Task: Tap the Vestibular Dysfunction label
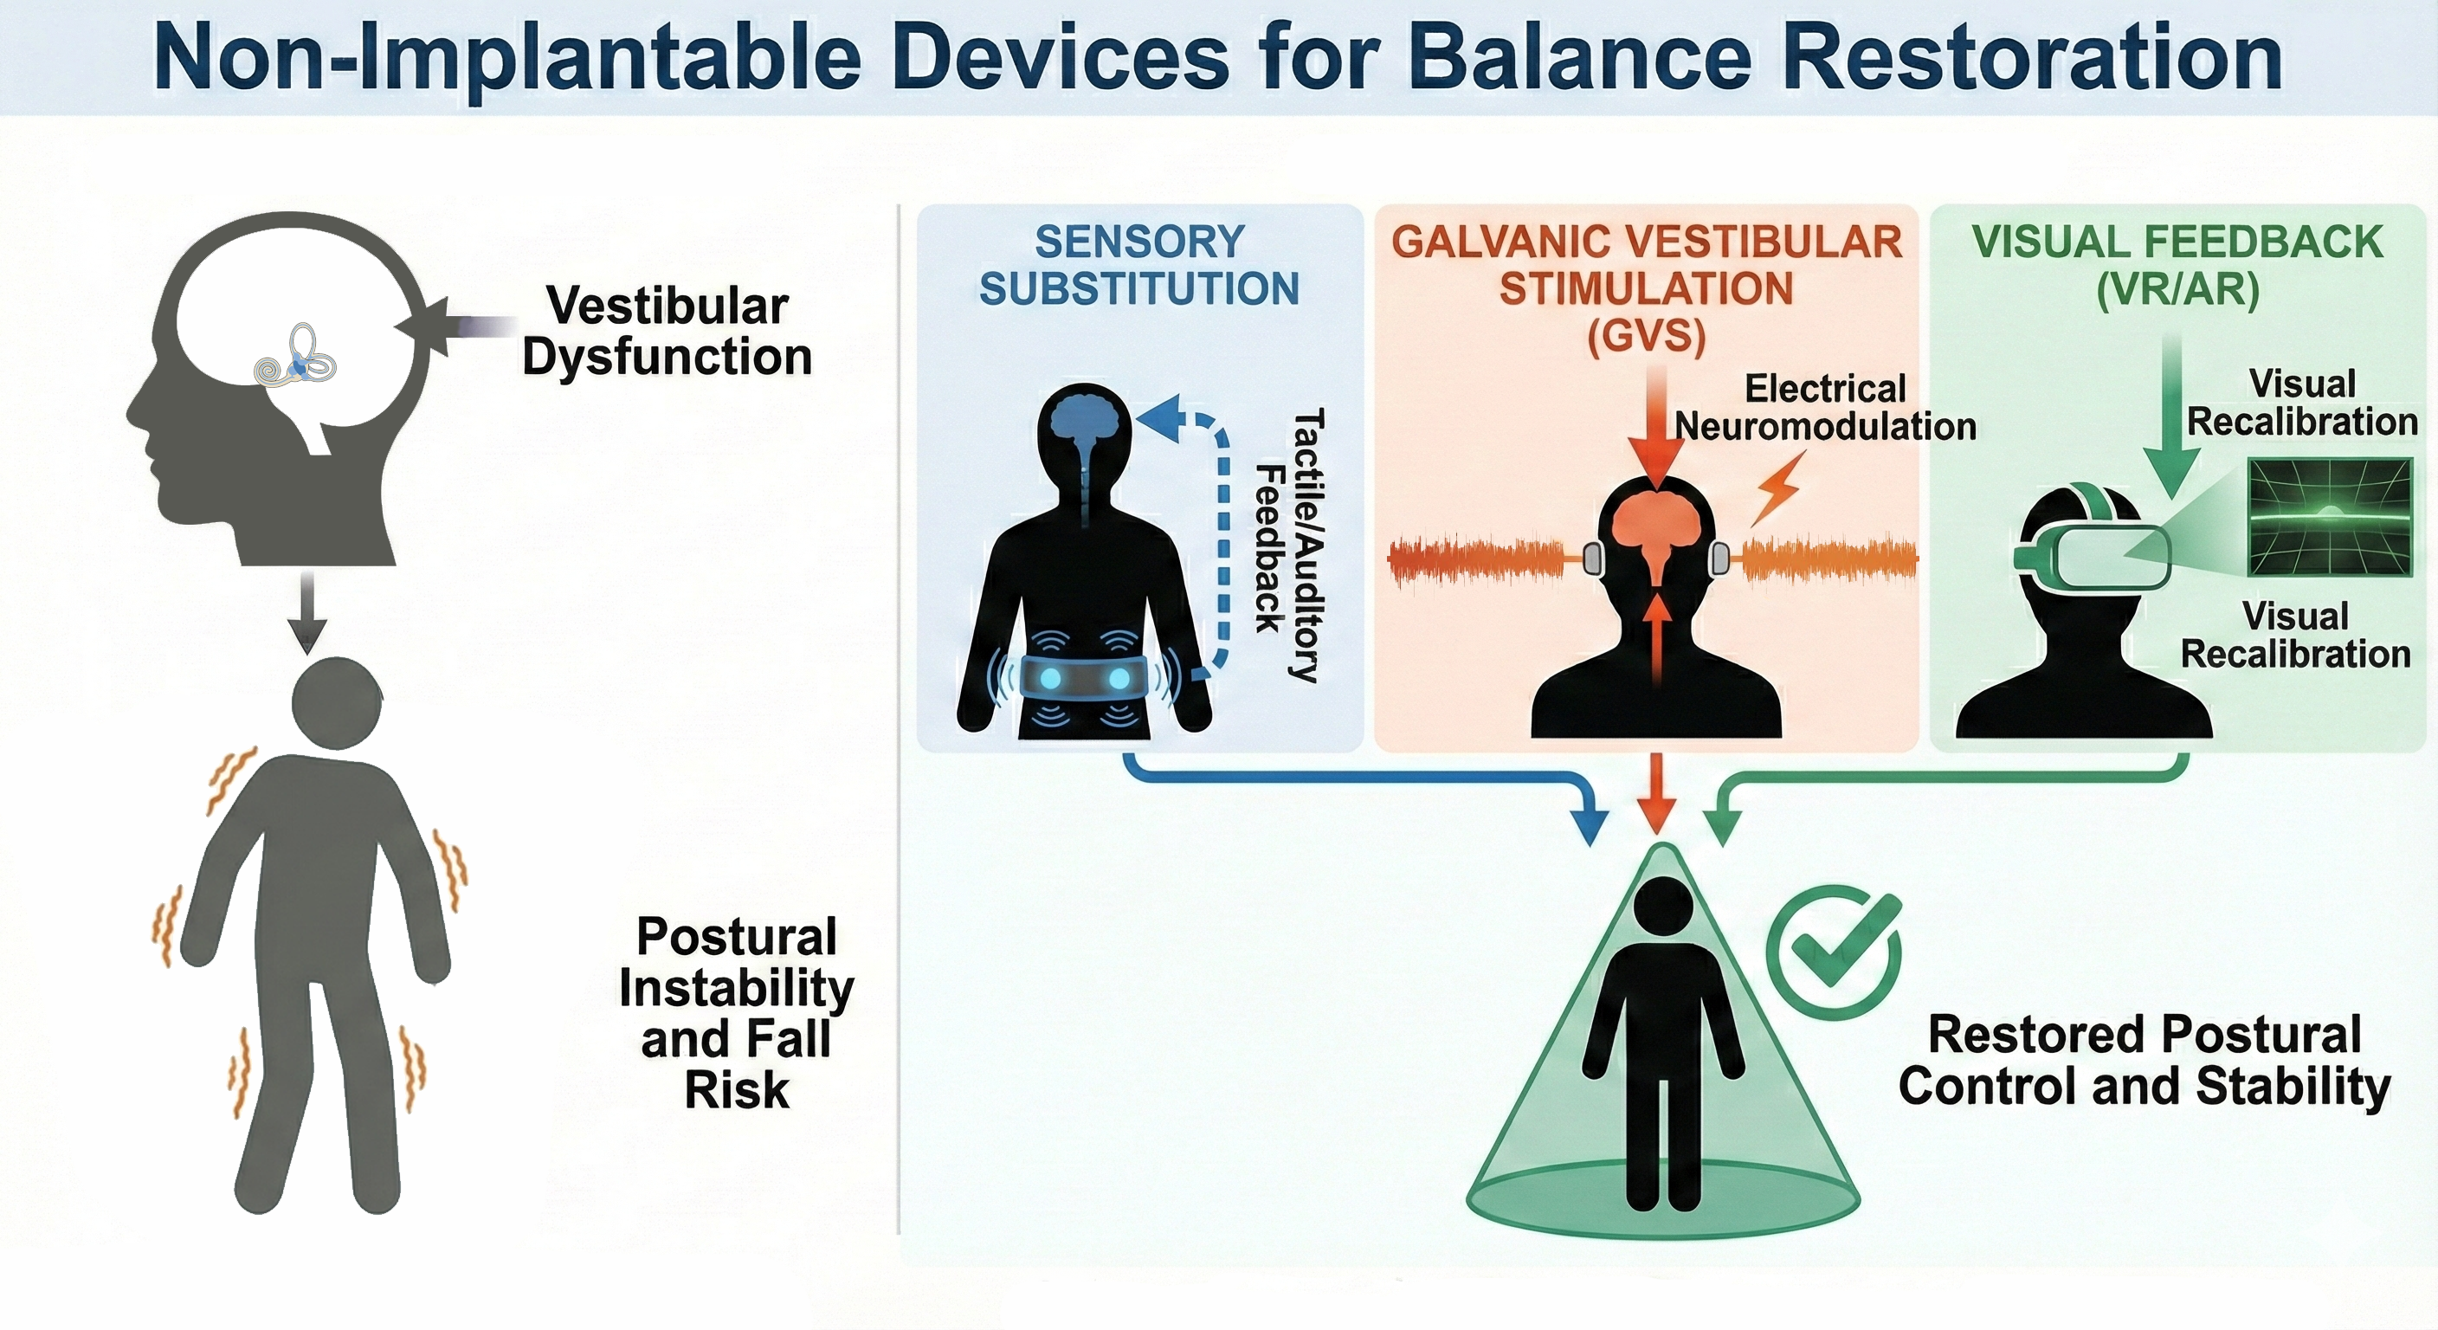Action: click(668, 332)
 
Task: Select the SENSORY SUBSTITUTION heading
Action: click(1139, 265)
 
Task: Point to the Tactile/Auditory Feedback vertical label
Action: click(1288, 546)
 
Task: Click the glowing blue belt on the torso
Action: click(1084, 678)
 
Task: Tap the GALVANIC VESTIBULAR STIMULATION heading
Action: click(1647, 288)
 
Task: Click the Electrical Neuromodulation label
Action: click(1826, 407)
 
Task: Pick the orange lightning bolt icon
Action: click(1777, 488)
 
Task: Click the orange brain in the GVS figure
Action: click(1657, 534)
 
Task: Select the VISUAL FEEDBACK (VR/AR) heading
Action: click(2177, 266)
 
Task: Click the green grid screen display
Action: click(2329, 517)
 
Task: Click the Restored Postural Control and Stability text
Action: click(2145, 1060)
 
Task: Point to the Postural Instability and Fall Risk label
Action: click(736, 1012)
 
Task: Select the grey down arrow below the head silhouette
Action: click(306, 611)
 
